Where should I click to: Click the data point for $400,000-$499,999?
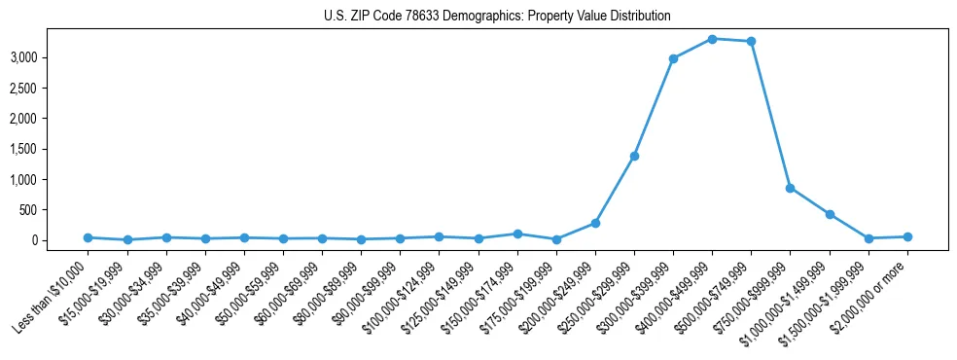point(712,39)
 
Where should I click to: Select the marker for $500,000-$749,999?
point(751,42)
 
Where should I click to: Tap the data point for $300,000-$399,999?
point(673,58)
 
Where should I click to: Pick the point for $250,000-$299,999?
point(634,156)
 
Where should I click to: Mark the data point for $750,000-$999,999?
point(790,188)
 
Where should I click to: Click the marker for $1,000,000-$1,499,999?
point(829,214)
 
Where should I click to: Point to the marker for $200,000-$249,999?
point(595,223)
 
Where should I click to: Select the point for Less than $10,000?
point(88,237)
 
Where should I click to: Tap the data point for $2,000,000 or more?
point(907,236)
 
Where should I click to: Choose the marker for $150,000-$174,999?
point(517,234)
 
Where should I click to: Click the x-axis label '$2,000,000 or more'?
point(873,288)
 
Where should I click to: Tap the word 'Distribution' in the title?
point(643,17)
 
